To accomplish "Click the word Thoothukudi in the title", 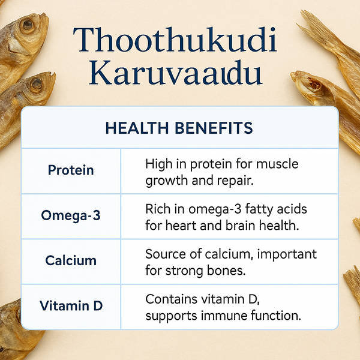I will click(x=178, y=40).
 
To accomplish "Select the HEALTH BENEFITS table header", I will click(x=179, y=128).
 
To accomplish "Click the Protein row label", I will click(x=71, y=170).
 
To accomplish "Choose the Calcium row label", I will click(x=71, y=260).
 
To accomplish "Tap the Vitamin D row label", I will click(x=71, y=305).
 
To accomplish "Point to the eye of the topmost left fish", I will click(x=27, y=25).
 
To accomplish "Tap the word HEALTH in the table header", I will click(x=134, y=128).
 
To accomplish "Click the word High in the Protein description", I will click(x=158, y=163).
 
